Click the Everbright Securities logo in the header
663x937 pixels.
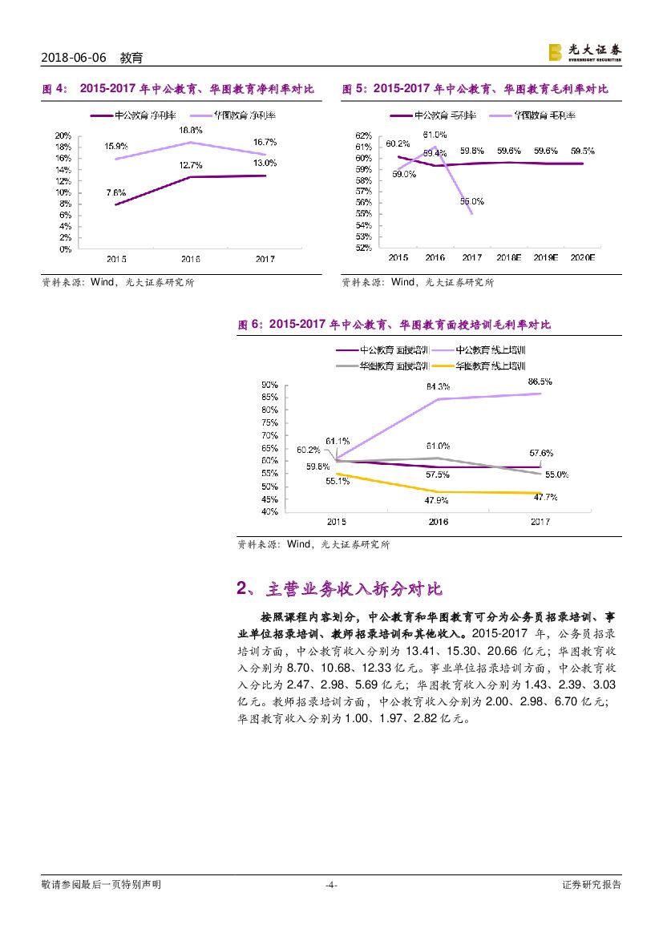tap(584, 52)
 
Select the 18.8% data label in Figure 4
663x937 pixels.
tap(190, 129)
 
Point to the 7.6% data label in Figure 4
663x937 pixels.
tap(115, 192)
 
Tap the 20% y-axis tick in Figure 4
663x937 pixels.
tap(63, 135)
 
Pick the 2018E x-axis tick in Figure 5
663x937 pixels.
tap(508, 258)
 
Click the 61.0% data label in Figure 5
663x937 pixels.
tap(435, 134)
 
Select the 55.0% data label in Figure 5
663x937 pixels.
tap(472, 201)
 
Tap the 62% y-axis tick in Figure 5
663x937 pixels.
tap(363, 135)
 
